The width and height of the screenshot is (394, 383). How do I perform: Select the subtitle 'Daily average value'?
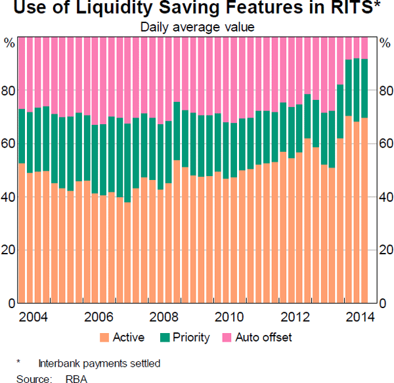click(198, 27)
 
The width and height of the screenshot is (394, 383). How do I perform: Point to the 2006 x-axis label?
click(98, 317)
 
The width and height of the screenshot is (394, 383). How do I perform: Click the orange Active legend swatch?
click(104, 338)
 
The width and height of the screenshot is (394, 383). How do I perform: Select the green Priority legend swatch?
click(164, 338)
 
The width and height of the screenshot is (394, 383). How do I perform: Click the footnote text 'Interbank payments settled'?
click(99, 363)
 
